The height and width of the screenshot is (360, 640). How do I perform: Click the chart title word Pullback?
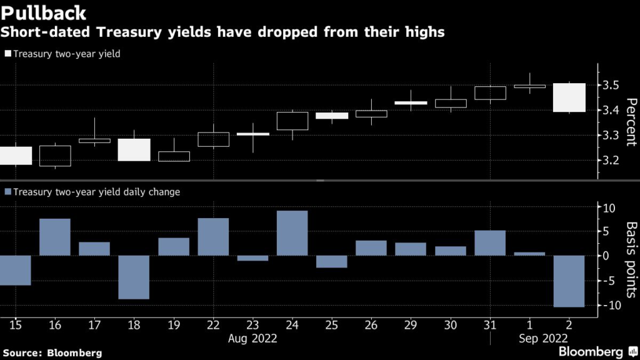pos(44,12)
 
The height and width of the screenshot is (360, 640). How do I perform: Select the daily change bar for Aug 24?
pos(292,233)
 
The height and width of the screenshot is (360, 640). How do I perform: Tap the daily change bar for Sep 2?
pos(569,281)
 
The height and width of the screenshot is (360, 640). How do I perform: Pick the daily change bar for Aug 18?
pos(134,277)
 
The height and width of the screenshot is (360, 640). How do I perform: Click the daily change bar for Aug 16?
pos(55,237)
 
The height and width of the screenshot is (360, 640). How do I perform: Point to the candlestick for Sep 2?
pos(569,97)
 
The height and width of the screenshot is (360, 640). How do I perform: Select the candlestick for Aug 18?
pos(134,150)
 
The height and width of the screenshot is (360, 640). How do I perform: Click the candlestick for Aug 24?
pos(292,121)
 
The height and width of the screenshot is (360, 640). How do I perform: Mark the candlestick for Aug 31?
pos(490,93)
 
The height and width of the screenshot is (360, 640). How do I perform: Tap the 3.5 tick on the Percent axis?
pos(611,85)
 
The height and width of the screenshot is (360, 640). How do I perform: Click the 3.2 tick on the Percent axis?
pos(611,161)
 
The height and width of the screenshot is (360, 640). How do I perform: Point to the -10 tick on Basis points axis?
pos(609,306)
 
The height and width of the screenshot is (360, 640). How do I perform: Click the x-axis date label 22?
pos(213,326)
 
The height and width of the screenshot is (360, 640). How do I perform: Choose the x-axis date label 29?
pos(411,326)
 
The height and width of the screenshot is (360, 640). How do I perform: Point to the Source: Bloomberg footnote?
pos(51,352)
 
